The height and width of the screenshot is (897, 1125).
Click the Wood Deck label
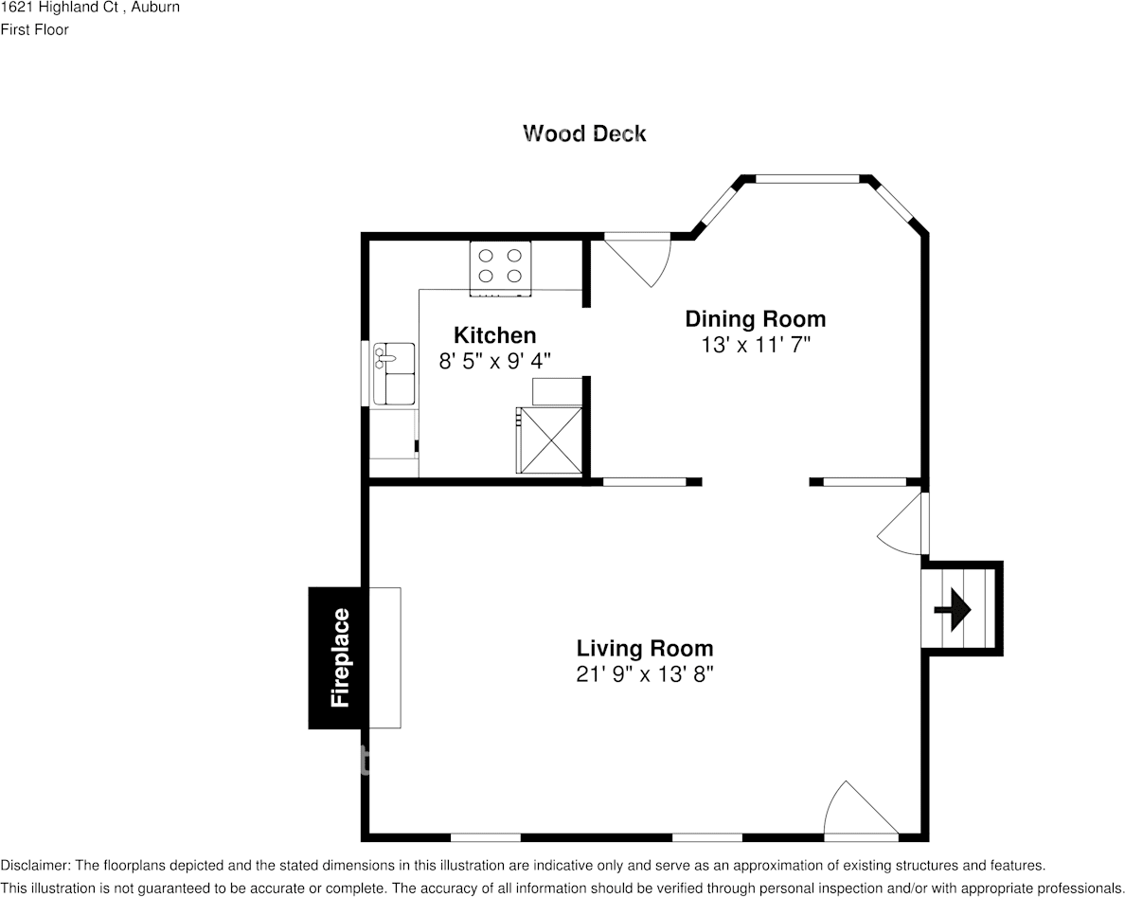(584, 134)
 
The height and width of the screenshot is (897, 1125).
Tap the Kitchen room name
(494, 335)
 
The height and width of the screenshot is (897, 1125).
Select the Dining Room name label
(755, 319)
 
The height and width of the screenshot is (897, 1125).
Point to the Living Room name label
(644, 649)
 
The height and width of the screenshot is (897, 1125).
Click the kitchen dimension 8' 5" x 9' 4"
(494, 361)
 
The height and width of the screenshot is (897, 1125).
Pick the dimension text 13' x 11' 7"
(755, 345)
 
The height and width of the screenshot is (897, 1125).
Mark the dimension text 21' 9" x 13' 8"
(644, 674)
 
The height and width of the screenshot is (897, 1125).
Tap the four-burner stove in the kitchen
(500, 265)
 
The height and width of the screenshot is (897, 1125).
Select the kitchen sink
(393, 373)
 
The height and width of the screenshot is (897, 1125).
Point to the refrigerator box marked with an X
(548, 440)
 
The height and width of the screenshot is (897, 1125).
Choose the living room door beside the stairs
(905, 523)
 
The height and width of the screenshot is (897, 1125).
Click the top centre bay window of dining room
(806, 177)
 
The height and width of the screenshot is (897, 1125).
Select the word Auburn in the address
(156, 8)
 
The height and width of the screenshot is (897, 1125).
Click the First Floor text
(35, 29)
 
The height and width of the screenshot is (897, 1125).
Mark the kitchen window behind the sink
(365, 373)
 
